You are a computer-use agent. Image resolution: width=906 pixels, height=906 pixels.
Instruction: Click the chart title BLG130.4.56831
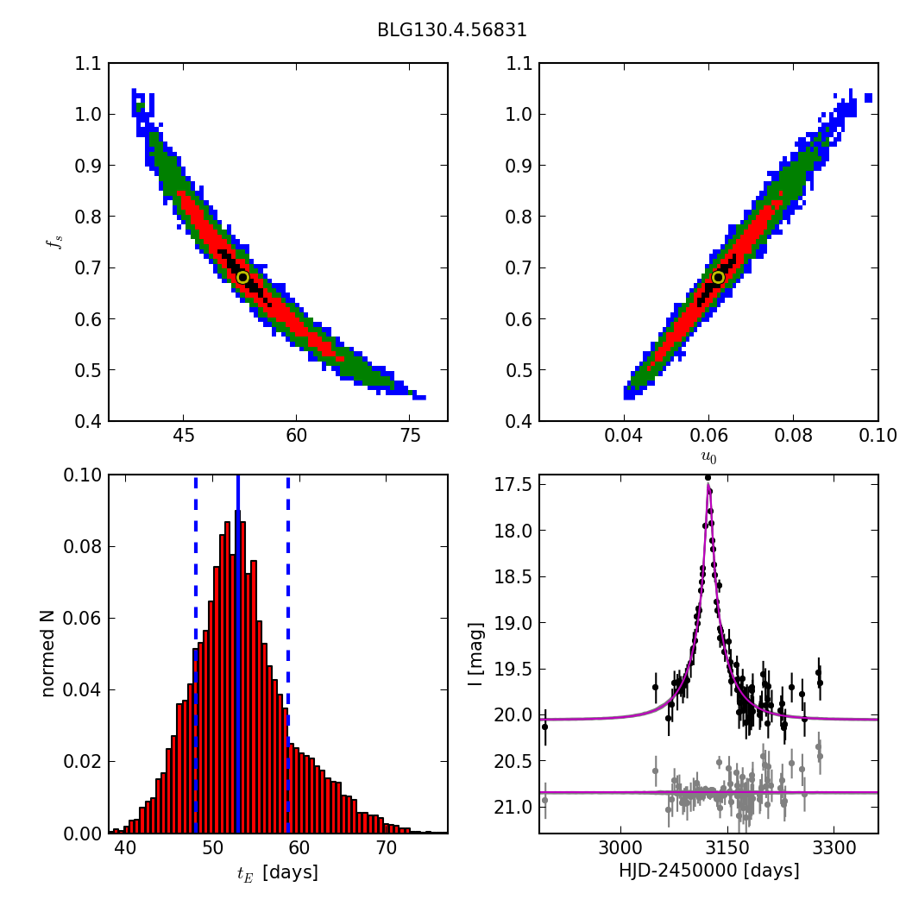(x=451, y=30)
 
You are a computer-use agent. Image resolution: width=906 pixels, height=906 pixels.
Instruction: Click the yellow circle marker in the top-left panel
(x=242, y=277)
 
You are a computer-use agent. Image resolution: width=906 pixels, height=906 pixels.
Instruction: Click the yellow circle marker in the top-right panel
(x=718, y=277)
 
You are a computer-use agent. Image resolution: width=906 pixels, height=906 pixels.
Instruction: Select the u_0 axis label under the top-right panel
(x=708, y=457)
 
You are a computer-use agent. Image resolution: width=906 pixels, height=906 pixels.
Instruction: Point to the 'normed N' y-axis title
(x=49, y=654)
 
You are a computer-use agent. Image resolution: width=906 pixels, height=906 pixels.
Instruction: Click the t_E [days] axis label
(x=278, y=873)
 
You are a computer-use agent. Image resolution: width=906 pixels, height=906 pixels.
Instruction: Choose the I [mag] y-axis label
(x=475, y=654)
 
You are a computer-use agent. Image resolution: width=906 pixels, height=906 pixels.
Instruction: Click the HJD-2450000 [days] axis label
(x=708, y=871)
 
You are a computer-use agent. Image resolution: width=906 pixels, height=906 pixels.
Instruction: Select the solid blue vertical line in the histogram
(x=237, y=656)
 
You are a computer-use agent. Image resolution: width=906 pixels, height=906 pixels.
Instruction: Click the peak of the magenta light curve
(x=708, y=486)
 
